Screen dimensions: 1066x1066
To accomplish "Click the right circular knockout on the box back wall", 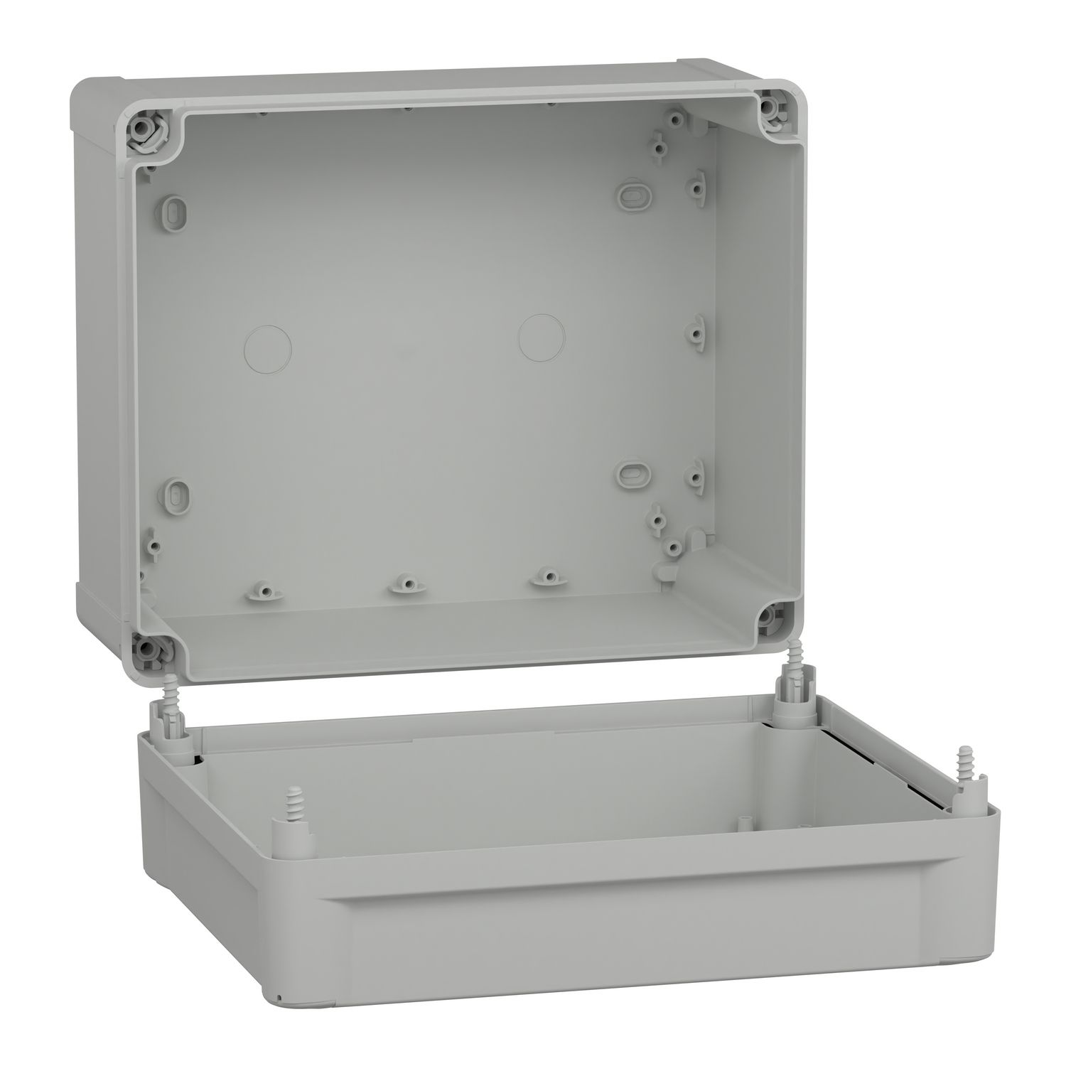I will [542, 336].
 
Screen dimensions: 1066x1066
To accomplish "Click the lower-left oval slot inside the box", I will [176, 492].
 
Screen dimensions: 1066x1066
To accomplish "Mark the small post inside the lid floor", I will [742, 823].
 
